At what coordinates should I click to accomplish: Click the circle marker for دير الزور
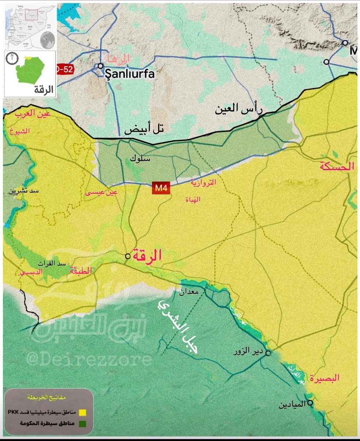point(268,353)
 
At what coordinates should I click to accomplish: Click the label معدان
point(189,293)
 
